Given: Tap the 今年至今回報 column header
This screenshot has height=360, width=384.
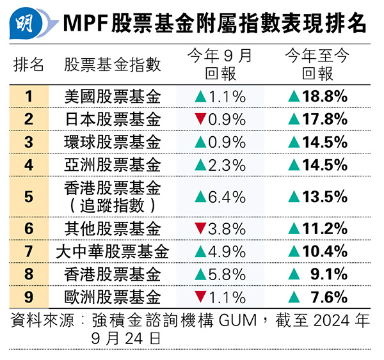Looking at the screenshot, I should [317, 65].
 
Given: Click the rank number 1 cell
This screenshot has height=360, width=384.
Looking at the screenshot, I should [29, 97].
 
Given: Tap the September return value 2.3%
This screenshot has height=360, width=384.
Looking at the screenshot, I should [227, 164].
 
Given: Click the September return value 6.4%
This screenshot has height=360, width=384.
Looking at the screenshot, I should [227, 196].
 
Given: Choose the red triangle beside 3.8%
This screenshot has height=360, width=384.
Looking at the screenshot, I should [200, 228].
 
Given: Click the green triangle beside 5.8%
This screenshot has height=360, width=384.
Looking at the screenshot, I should [200, 274].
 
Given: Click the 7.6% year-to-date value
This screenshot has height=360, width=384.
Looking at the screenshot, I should [330, 297].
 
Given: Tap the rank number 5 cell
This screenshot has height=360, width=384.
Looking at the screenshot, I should [29, 196].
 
